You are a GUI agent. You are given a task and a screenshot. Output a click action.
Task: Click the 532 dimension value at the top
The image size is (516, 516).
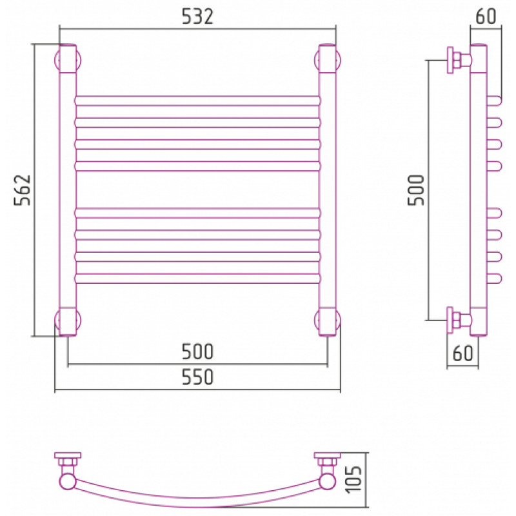click(x=197, y=17)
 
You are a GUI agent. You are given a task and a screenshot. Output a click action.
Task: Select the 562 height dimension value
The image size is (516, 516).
click(x=22, y=190)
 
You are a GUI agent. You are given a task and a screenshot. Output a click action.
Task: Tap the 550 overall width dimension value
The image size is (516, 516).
click(x=197, y=377)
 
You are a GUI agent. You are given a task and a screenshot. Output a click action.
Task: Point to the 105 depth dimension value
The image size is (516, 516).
click(x=353, y=479)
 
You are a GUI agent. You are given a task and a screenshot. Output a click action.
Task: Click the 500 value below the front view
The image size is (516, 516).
click(x=197, y=352)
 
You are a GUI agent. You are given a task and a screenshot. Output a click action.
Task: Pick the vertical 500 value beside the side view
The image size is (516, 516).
click(x=416, y=190)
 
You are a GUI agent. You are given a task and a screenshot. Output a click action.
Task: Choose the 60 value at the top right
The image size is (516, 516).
click(x=486, y=16)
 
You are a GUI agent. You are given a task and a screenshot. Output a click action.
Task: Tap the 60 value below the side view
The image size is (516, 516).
click(x=462, y=353)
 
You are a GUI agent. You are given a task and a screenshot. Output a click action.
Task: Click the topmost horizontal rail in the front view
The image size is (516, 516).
click(x=197, y=101)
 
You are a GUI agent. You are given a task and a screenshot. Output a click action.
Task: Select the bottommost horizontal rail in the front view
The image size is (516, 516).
click(x=197, y=279)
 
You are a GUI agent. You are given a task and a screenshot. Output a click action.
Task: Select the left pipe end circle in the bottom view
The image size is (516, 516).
click(x=68, y=482)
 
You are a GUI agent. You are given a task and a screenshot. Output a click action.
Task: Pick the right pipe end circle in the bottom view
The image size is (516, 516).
click(x=328, y=482)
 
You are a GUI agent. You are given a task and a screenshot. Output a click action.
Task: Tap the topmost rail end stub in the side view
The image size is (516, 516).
click(x=494, y=101)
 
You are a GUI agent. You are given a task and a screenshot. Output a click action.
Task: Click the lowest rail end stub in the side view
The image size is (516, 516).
click(x=494, y=279)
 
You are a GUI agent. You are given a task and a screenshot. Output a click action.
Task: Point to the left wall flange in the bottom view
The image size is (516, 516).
click(x=68, y=455)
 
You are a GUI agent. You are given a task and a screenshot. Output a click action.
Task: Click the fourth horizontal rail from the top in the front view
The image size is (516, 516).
click(x=197, y=166)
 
